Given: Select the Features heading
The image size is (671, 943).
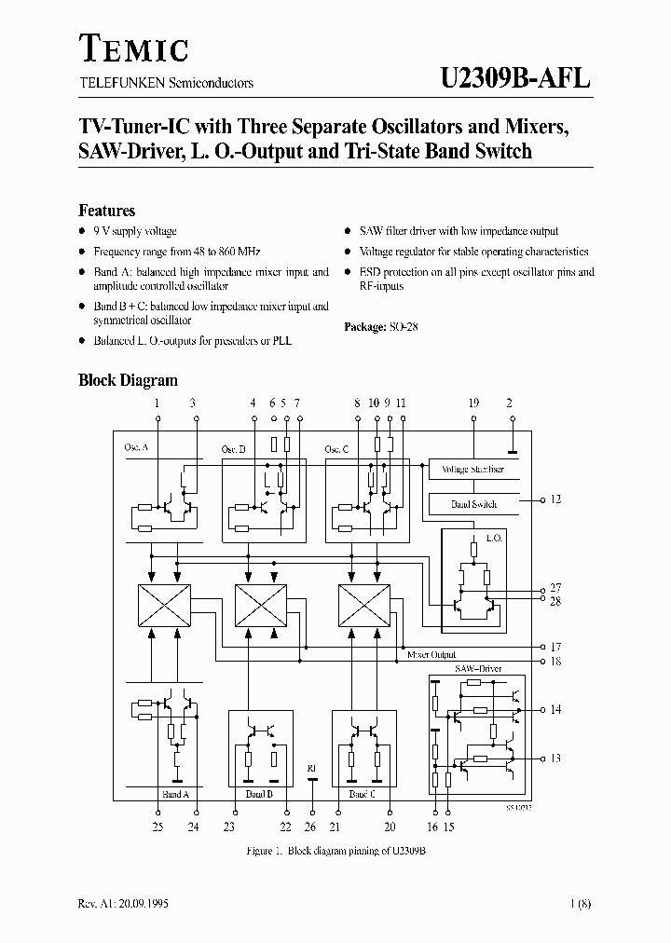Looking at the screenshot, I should [x=106, y=211].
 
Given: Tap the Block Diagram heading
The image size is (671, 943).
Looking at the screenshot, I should [x=128, y=380].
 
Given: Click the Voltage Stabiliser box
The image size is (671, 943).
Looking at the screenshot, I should [x=472, y=470].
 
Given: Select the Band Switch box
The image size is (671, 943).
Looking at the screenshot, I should [x=472, y=504].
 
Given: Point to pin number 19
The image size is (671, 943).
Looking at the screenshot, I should [x=473, y=403].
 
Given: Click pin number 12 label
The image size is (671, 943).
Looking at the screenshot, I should [x=555, y=500].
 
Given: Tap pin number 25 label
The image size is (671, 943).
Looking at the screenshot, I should [x=157, y=827].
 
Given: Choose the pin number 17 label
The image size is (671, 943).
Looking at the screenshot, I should [x=555, y=646].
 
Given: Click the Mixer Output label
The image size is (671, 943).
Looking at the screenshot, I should [x=431, y=655].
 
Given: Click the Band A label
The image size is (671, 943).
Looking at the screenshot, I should [x=175, y=795].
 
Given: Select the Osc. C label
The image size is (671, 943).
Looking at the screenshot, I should [x=336, y=449].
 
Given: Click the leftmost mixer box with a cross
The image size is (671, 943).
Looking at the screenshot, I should [x=164, y=605].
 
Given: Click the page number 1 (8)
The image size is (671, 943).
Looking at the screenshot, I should [x=577, y=905].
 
